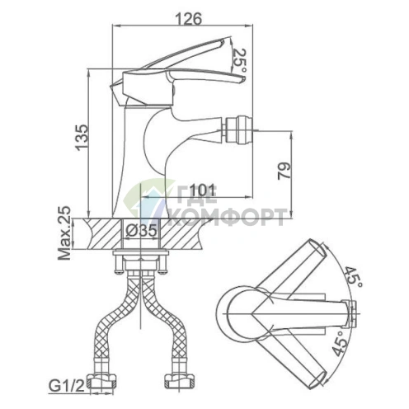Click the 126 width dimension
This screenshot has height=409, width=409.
pos(188,19)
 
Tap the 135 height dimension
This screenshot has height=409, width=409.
pos(82,138)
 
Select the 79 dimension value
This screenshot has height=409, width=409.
pos(284,171)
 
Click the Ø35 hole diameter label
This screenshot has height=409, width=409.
pos(141,230)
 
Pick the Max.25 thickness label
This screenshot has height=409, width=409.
pos(64,233)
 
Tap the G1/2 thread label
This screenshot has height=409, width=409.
pos(66,387)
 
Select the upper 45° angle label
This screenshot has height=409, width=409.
pos(354,277)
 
